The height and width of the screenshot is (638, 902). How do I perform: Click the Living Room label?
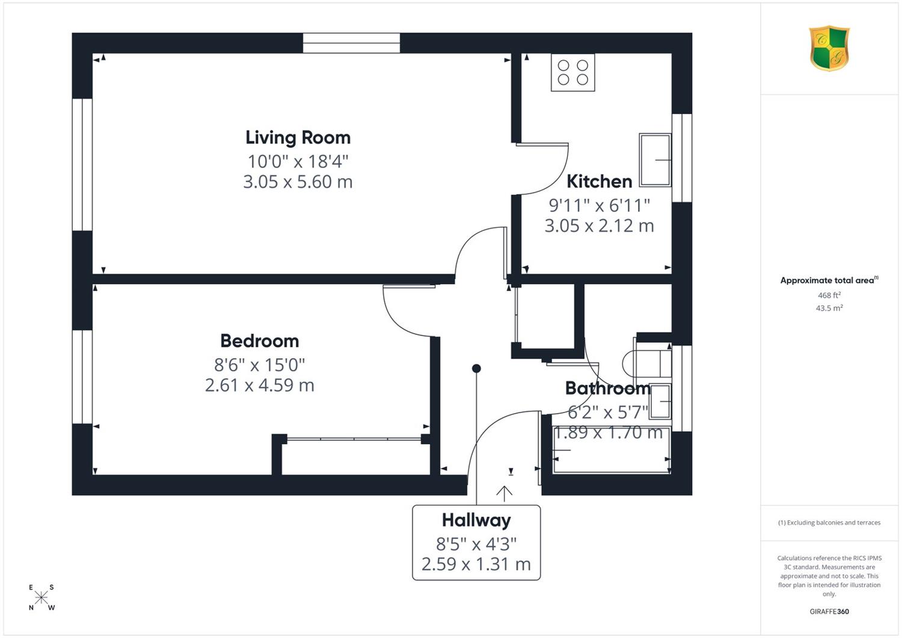(298, 138)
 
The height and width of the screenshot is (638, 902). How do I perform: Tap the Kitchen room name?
(599, 182)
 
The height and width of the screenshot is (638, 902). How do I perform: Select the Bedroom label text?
(260, 341)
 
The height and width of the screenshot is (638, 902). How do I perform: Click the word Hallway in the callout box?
(476, 520)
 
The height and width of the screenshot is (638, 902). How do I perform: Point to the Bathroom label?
(608, 388)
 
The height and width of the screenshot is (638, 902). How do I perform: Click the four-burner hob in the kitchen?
(573, 73)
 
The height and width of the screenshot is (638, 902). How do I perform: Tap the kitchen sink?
(655, 160)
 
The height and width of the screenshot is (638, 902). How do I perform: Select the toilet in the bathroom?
(646, 363)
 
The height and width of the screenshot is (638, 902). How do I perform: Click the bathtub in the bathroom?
(612, 450)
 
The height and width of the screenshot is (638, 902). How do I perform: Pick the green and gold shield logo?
(829, 48)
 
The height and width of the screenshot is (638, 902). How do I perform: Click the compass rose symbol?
(41, 597)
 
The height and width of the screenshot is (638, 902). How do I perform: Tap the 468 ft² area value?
(829, 295)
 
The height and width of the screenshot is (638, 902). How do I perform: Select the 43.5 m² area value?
(829, 308)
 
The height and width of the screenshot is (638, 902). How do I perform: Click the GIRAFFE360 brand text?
(829, 612)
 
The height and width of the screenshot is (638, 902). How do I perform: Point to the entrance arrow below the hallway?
(504, 494)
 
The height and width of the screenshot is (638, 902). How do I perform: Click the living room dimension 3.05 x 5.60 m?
(298, 182)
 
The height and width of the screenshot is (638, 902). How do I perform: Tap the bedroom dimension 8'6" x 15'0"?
(260, 366)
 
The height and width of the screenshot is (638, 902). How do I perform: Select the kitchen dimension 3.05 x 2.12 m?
(599, 226)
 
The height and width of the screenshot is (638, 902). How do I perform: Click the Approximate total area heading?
(829, 280)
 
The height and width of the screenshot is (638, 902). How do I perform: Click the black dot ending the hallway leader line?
(476, 368)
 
